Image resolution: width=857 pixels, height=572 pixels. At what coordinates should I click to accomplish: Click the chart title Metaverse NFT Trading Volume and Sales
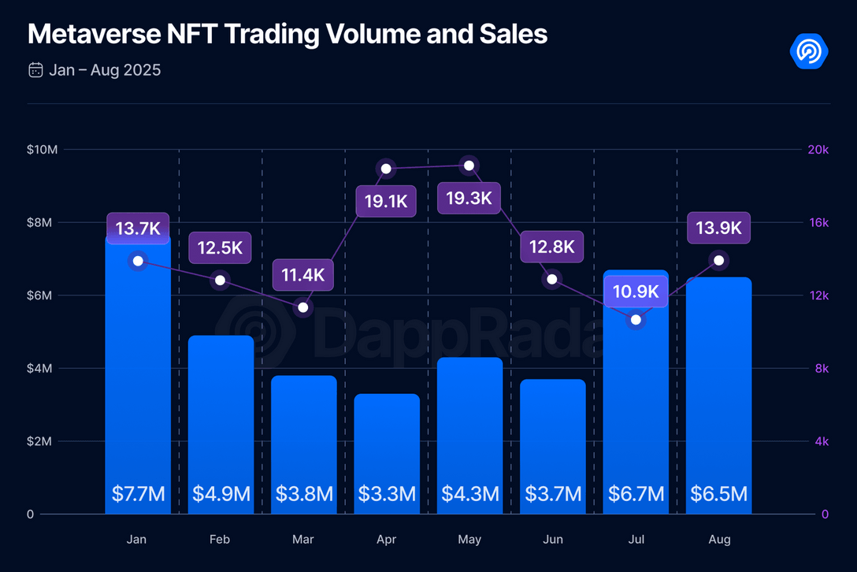click(x=288, y=34)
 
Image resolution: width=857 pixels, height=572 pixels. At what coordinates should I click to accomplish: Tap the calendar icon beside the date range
click(x=35, y=70)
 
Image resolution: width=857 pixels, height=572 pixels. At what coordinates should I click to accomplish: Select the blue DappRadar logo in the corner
click(x=809, y=51)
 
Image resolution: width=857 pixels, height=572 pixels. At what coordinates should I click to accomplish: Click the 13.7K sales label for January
click(x=139, y=228)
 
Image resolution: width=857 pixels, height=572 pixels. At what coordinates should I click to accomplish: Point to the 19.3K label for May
click(x=469, y=198)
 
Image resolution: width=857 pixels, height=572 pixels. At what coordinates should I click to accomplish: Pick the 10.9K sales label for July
click(x=636, y=292)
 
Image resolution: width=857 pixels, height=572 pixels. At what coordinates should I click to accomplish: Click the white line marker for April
click(x=386, y=169)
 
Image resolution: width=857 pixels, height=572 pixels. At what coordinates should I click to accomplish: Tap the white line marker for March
click(x=303, y=307)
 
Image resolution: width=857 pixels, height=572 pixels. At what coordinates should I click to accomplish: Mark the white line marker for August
click(x=718, y=260)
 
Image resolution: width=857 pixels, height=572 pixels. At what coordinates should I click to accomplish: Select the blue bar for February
click(x=221, y=425)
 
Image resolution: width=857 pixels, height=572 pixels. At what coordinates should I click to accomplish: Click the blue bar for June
click(x=553, y=446)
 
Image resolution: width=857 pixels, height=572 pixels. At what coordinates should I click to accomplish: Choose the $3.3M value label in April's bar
click(x=387, y=494)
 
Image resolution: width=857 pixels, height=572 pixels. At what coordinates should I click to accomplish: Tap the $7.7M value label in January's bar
click(x=139, y=494)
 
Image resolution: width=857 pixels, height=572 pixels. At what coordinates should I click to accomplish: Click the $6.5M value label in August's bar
click(x=718, y=494)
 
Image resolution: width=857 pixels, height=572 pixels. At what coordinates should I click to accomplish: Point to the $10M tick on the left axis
click(x=42, y=149)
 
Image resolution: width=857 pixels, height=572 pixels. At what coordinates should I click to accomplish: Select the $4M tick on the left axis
click(x=39, y=368)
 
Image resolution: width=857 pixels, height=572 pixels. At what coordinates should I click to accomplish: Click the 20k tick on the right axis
click(x=818, y=149)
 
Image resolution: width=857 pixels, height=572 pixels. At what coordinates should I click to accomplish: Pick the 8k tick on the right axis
click(x=822, y=368)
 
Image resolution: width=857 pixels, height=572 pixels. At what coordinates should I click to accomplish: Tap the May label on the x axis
click(x=469, y=539)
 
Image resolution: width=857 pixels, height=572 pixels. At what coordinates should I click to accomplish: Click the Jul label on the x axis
click(x=636, y=539)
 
